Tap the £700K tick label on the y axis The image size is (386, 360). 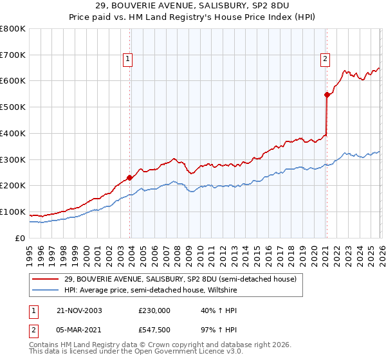(13, 55)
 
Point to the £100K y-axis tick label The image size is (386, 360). (13, 212)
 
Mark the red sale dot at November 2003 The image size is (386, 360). (130, 177)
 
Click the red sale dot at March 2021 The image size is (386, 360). (327, 94)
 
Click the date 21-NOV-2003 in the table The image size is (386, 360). (80, 310)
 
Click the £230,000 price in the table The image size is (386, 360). (154, 310)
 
